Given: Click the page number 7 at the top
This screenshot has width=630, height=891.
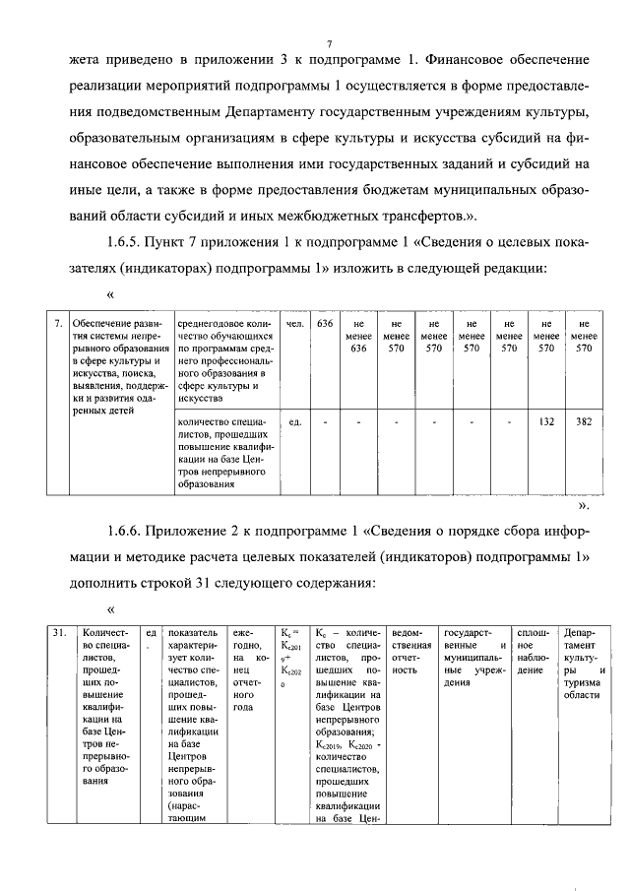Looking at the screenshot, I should click(330, 42).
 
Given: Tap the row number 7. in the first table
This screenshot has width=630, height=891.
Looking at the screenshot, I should click(57, 322).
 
